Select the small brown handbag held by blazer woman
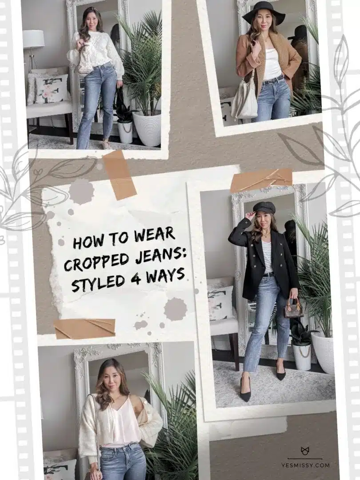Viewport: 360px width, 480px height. tap(293, 308)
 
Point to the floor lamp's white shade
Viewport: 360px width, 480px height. tap(33, 39)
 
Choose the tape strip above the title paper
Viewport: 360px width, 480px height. tap(119, 175)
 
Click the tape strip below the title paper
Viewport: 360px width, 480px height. tap(84, 328)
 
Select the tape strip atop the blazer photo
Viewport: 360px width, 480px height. tap(261, 180)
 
